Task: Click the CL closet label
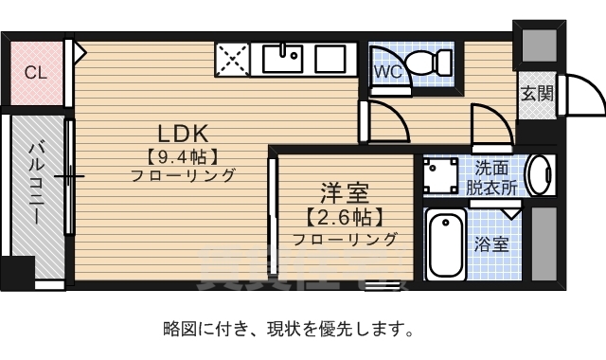coord(35,72)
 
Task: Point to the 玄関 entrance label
coord(536,94)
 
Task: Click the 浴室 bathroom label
coord(491,243)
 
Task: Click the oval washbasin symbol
coord(541,175)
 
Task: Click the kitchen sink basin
coord(281,60)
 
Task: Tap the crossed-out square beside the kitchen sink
coord(233,60)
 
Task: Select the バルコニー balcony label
coord(36,180)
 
